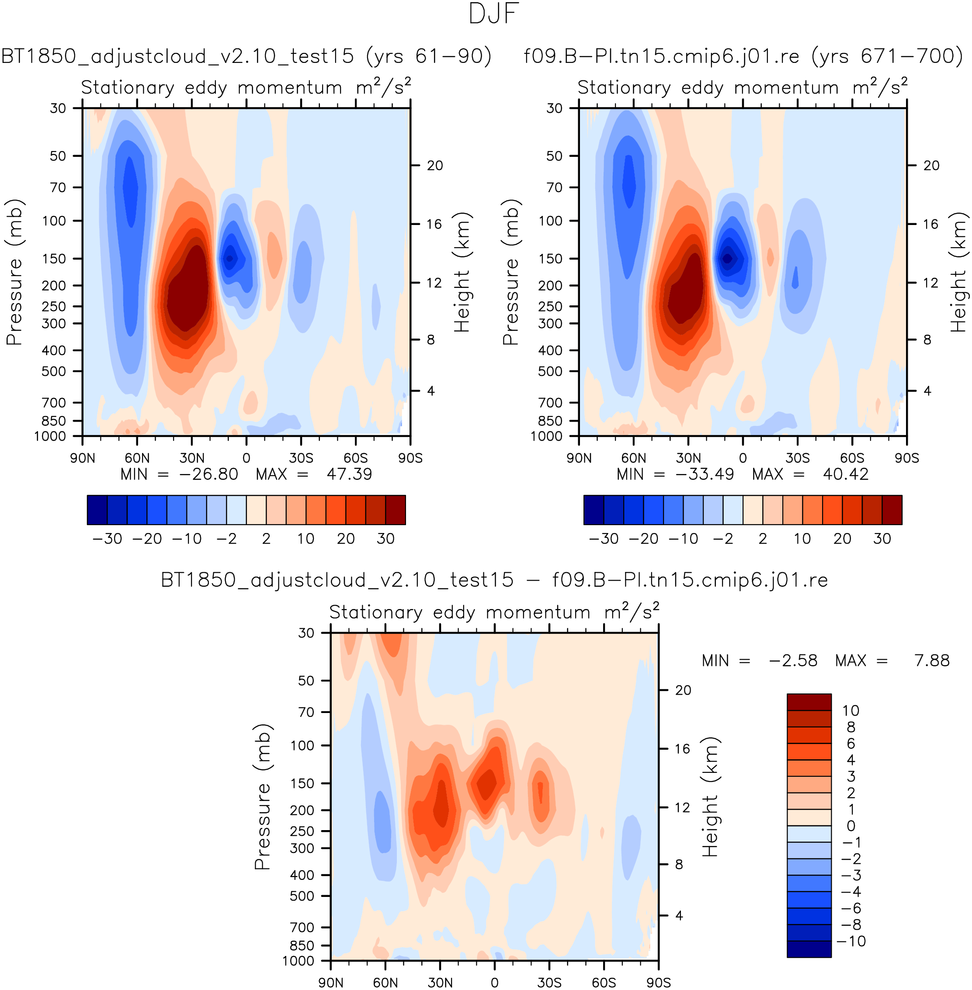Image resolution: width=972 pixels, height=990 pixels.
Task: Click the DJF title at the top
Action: [494, 14]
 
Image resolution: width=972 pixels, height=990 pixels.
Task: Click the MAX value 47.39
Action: [349, 474]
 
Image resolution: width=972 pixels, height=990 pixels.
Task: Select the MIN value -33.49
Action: [705, 474]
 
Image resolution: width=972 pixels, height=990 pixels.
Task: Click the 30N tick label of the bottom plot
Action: [440, 982]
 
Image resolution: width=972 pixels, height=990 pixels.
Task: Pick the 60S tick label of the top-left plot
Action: [355, 458]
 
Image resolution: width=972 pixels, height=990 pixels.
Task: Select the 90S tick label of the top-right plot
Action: [906, 458]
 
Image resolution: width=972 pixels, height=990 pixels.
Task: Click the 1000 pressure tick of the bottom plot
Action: [298, 961]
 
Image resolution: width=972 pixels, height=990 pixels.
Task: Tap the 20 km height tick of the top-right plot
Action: [931, 165]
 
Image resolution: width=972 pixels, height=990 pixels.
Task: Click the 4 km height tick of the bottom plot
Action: [679, 915]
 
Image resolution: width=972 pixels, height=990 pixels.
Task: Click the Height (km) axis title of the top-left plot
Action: [462, 272]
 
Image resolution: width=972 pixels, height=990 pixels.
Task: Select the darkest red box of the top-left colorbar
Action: [396, 510]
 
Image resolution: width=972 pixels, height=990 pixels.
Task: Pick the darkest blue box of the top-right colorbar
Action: [594, 510]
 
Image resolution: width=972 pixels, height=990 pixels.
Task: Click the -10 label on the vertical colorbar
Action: [851, 941]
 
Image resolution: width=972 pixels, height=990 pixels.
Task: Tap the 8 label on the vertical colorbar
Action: [851, 727]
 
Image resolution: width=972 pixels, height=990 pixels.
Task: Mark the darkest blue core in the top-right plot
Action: [727, 258]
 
